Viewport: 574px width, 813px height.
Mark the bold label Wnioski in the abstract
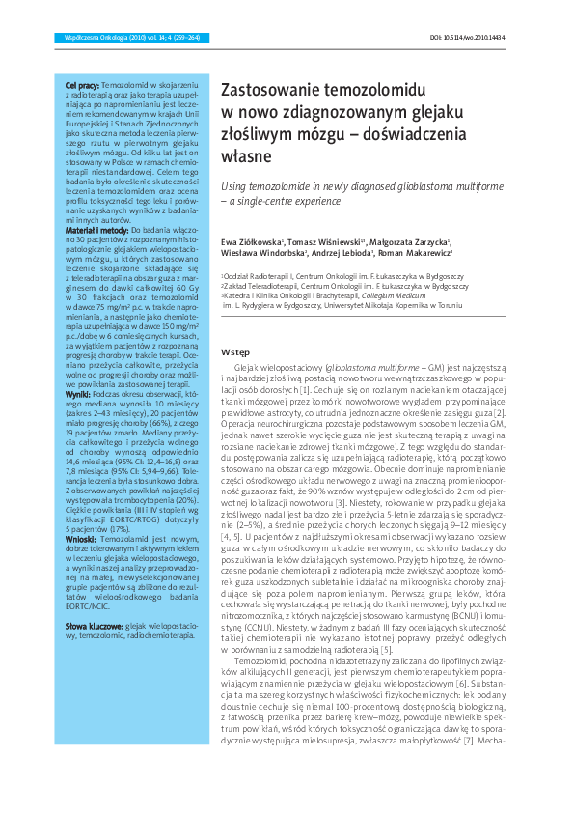[80, 542]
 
